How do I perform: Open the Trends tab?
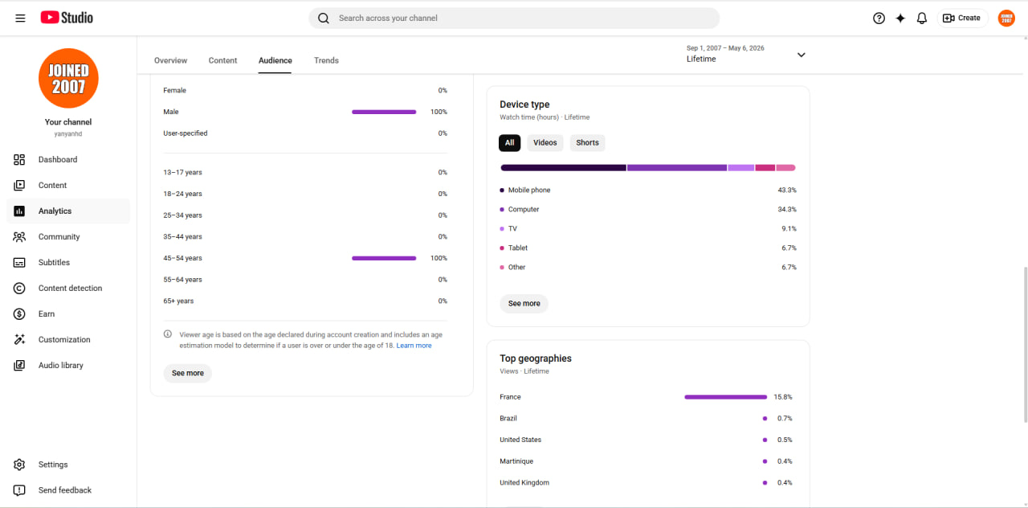coord(326,60)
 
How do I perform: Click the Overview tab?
coord(170,60)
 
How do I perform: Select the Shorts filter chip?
coord(587,142)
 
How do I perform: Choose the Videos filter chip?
coord(545,142)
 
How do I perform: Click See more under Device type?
coord(524,303)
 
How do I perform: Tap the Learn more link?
coord(414,346)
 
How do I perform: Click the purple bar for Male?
coord(384,112)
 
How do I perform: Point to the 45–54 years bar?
coord(384,258)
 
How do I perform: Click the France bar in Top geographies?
coord(725,397)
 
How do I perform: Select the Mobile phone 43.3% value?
coord(786,190)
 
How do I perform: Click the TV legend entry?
coord(508,229)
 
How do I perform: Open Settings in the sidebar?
coord(53,465)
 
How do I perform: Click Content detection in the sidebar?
coord(70,288)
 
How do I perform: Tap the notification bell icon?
coord(921,18)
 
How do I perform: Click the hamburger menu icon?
coord(20,18)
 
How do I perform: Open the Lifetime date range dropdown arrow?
coord(801,55)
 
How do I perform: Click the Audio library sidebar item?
coord(60,365)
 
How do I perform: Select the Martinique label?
coord(516,461)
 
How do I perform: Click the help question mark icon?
coord(879,18)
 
